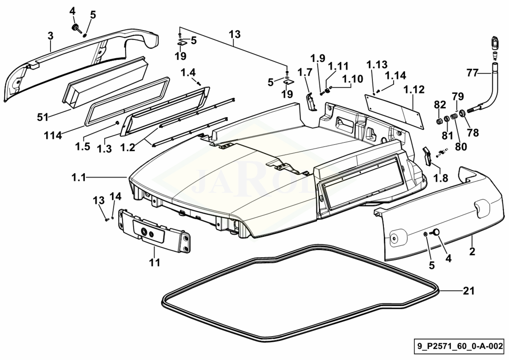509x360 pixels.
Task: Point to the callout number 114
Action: click(x=52, y=135)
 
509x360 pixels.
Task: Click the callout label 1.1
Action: click(x=78, y=178)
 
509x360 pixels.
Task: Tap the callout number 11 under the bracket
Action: click(x=155, y=262)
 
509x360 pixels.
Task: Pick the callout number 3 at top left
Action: click(x=51, y=36)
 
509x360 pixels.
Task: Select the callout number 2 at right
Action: click(x=472, y=251)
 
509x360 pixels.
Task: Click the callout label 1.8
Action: click(x=440, y=178)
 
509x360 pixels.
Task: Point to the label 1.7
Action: click(x=305, y=72)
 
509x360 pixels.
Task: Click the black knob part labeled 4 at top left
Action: click(x=74, y=28)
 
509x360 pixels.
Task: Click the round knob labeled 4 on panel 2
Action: click(x=436, y=232)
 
